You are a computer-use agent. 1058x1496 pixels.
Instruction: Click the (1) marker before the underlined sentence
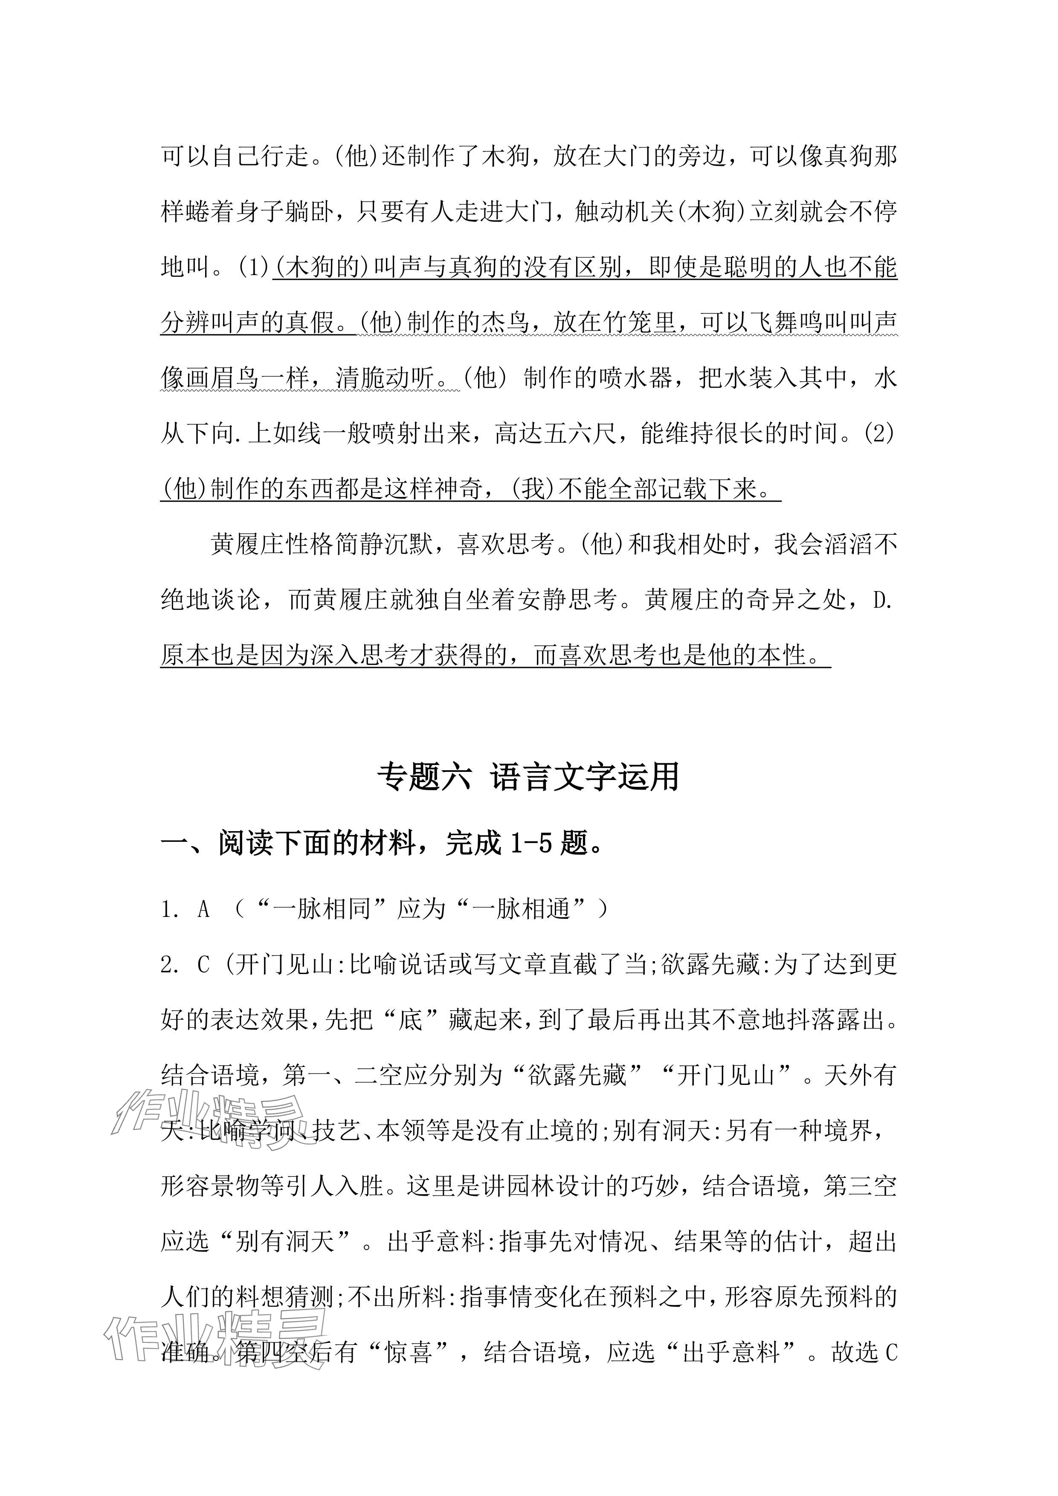pyautogui.click(x=253, y=267)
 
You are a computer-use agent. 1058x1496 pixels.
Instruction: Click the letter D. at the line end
pyautogui.click(x=882, y=600)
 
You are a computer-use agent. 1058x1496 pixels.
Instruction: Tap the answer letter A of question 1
pyautogui.click(x=204, y=910)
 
